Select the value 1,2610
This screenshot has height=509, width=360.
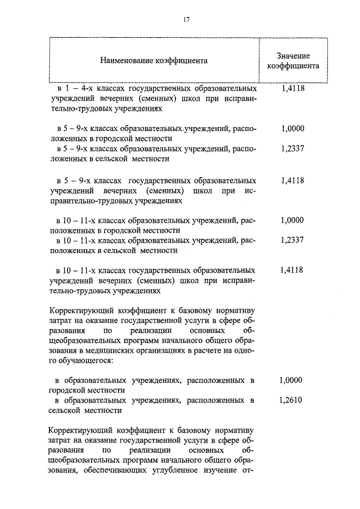291,401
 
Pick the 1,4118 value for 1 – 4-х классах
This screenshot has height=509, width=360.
292,88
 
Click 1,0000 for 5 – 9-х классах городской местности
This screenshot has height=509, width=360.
292,128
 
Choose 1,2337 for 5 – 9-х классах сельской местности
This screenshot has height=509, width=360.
292,148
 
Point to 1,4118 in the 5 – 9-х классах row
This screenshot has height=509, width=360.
292,181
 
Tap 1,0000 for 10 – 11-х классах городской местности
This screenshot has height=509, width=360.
292,220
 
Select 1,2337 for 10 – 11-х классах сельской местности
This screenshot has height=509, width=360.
292,240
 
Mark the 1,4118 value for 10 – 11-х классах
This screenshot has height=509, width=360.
291,270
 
